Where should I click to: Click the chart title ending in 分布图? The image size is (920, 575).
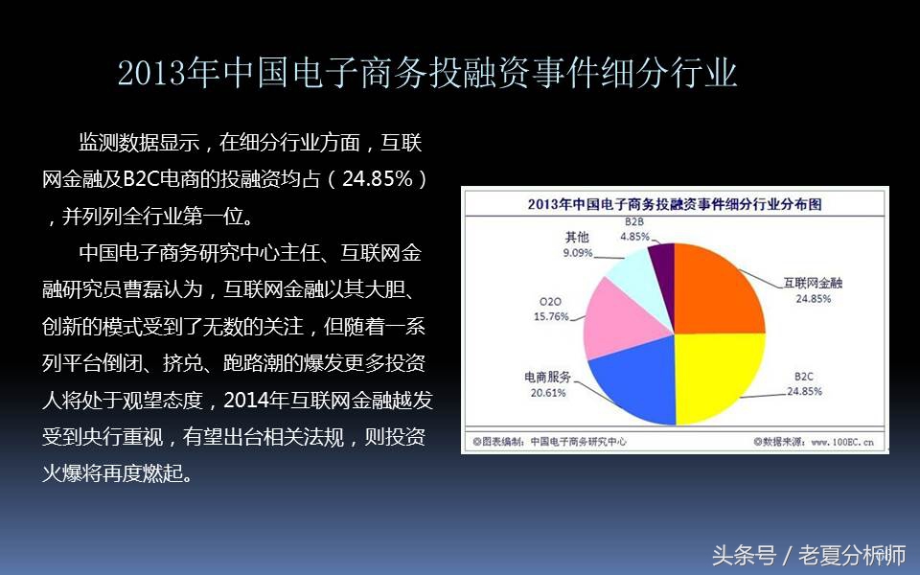coord(675,204)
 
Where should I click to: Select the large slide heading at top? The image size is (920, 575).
coord(427,73)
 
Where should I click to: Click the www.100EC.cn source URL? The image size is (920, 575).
coord(842,442)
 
